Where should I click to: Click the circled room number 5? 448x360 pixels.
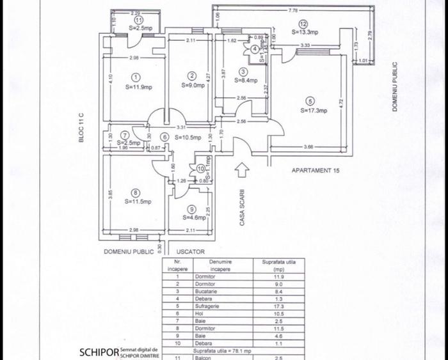(310, 100)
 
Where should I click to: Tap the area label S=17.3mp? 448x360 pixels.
(314, 110)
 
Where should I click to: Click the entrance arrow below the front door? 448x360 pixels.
(243, 171)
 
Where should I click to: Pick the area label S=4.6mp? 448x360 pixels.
(195, 217)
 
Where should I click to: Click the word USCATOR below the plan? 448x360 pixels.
(191, 251)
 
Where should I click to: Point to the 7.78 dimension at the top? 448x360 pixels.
(295, 10)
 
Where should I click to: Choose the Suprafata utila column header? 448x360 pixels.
(280, 265)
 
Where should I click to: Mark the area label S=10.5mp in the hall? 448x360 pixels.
(188, 137)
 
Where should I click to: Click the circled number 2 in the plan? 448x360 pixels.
(191, 76)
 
